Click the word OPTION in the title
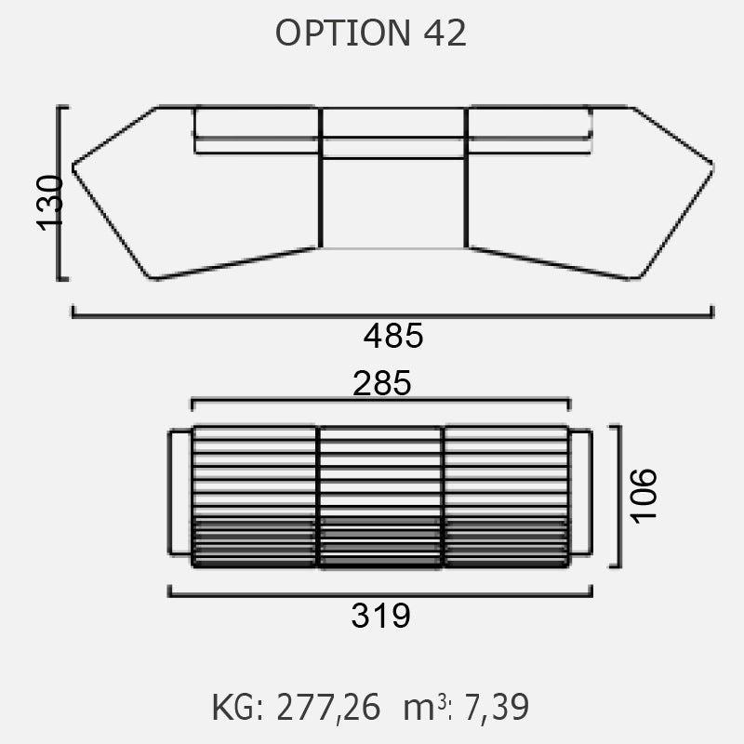(342, 33)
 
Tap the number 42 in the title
(445, 33)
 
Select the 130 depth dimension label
(50, 204)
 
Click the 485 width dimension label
(392, 336)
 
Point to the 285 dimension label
(382, 383)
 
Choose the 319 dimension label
(380, 616)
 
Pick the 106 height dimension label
(644, 497)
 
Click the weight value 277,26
(328, 708)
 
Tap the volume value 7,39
(497, 708)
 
